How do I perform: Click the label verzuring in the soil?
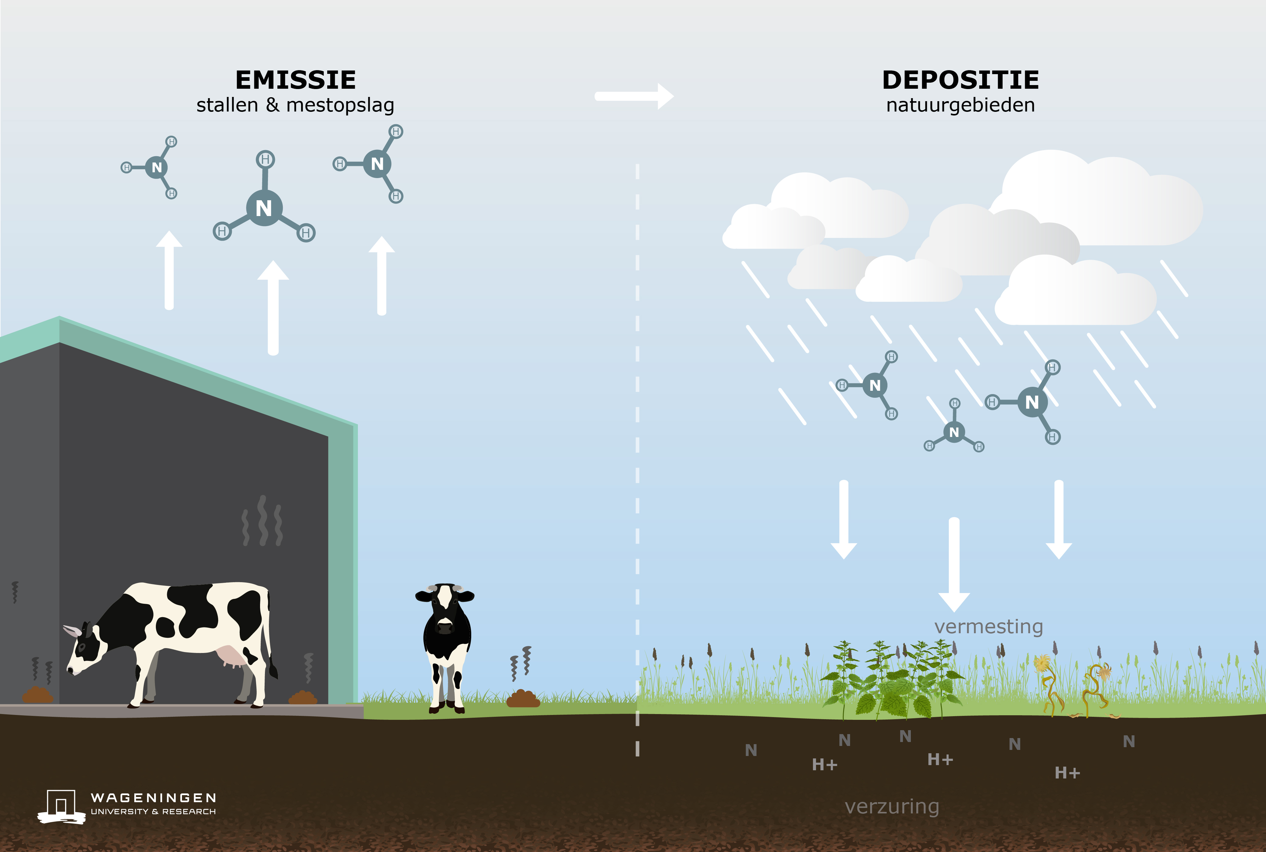pos(892,806)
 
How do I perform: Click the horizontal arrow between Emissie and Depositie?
pos(633,96)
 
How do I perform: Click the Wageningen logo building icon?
pos(61,806)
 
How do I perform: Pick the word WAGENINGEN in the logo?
pos(154,798)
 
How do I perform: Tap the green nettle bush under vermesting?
pos(891,682)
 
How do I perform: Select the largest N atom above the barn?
pos(264,208)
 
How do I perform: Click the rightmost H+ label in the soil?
pos(1067,773)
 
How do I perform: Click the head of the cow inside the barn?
pos(81,649)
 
